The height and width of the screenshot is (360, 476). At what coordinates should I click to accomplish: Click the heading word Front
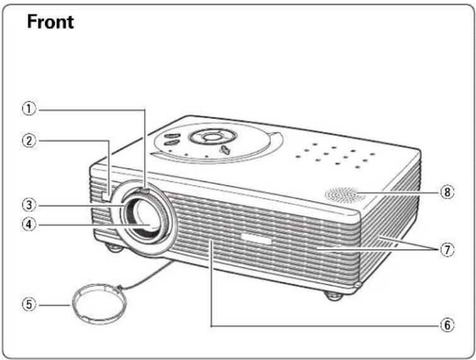(51, 22)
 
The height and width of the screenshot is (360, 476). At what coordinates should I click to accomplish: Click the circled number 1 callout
(29, 109)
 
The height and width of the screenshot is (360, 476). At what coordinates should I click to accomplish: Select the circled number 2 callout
(29, 141)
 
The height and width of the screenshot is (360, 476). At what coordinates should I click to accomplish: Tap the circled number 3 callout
(29, 205)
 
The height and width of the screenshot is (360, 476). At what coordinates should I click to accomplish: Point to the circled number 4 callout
(29, 225)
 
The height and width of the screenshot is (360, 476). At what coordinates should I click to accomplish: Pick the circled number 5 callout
(29, 304)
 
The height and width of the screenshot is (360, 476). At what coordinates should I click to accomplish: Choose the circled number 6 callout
(448, 325)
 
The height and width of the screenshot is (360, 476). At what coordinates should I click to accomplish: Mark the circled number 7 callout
(448, 249)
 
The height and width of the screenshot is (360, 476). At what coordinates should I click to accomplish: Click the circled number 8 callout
(448, 192)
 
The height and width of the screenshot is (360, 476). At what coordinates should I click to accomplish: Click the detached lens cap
(99, 304)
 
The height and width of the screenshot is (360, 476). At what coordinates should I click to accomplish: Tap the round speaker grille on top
(345, 195)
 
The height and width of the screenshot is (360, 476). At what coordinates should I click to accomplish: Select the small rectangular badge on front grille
(256, 239)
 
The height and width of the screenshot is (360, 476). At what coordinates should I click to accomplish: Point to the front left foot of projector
(114, 248)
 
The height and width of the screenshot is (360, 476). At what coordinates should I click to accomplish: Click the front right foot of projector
(333, 296)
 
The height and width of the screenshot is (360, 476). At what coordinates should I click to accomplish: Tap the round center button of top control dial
(212, 137)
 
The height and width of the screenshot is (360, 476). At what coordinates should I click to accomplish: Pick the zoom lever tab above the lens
(145, 191)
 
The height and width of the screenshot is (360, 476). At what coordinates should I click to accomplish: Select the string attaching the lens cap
(146, 273)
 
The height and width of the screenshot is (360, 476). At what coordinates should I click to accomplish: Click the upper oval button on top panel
(172, 136)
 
